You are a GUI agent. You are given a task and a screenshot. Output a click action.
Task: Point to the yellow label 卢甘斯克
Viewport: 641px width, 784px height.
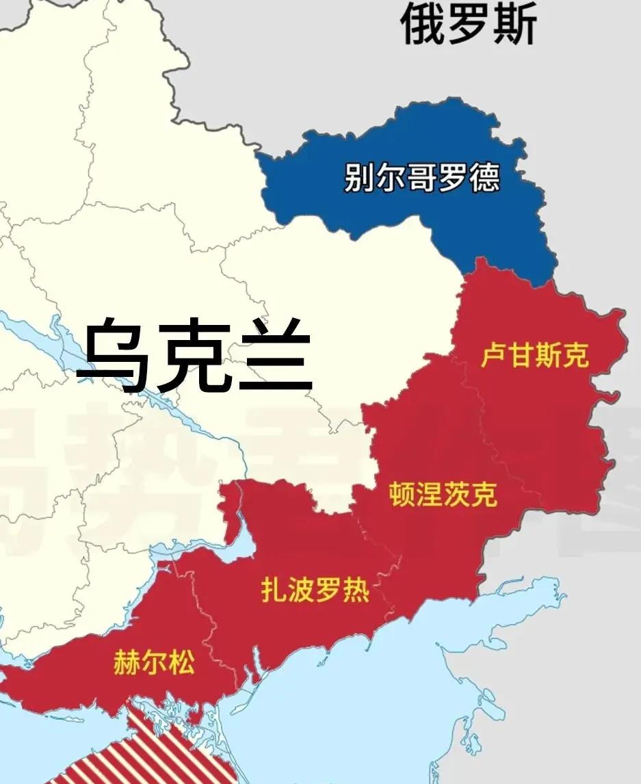[534, 355]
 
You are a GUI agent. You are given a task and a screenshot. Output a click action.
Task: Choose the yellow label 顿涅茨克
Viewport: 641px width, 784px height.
[443, 494]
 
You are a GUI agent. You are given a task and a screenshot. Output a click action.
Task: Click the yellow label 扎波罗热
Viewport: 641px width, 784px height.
[315, 590]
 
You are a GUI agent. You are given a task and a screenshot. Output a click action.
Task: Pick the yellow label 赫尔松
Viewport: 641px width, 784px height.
[154, 664]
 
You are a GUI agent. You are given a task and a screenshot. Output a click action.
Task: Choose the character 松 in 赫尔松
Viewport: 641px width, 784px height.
[181, 664]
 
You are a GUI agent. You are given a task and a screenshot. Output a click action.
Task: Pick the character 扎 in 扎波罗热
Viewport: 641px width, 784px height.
[274, 590]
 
